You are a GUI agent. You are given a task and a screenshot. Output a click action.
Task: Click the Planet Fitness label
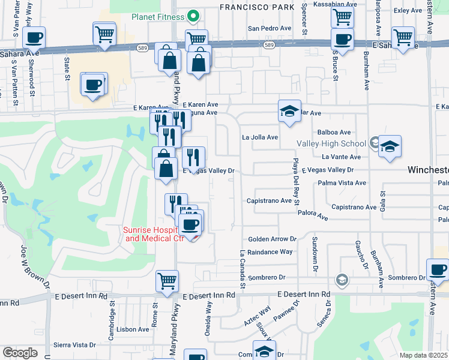158,17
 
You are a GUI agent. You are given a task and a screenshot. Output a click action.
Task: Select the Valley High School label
331,143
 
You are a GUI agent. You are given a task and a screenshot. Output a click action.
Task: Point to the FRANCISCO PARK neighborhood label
257,7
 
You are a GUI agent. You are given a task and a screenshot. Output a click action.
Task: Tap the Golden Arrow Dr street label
273,239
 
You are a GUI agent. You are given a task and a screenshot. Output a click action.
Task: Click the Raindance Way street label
270,253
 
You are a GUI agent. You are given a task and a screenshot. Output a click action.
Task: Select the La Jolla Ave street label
260,137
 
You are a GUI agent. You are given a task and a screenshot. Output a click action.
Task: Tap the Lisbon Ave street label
133,329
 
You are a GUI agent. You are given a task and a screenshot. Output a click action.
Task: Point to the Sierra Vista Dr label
75,345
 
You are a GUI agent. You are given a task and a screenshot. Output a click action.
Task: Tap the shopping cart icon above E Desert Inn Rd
167,280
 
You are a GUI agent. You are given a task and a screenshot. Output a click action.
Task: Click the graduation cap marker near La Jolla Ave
289,110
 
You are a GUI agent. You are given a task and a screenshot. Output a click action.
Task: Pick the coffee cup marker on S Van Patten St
34,37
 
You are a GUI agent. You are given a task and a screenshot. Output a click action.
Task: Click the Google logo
19,353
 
